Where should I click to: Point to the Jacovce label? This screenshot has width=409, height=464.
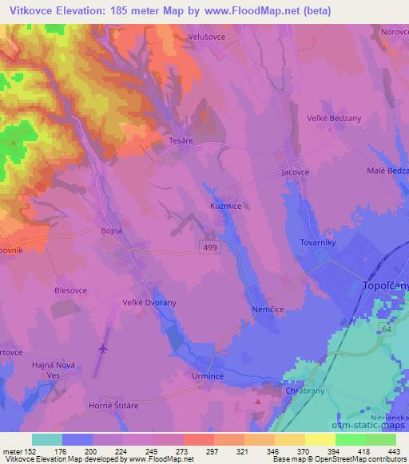pos(296,171)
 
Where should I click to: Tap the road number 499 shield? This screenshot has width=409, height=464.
pos(208,250)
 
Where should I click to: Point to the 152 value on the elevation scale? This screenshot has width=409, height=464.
pos(33,450)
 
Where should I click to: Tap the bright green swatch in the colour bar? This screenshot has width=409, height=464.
pos(351,439)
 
